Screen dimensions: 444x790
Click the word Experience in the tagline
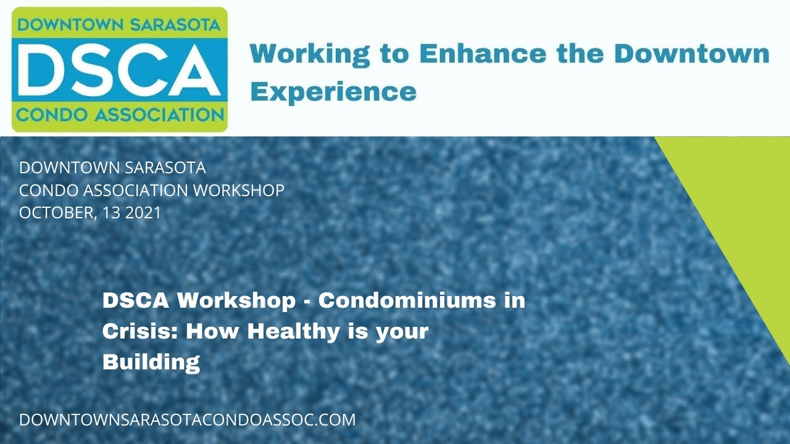click(x=333, y=92)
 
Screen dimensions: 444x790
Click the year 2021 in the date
click(x=143, y=213)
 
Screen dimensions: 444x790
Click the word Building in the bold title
click(x=151, y=362)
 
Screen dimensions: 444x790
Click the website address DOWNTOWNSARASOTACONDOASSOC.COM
click(x=188, y=420)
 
